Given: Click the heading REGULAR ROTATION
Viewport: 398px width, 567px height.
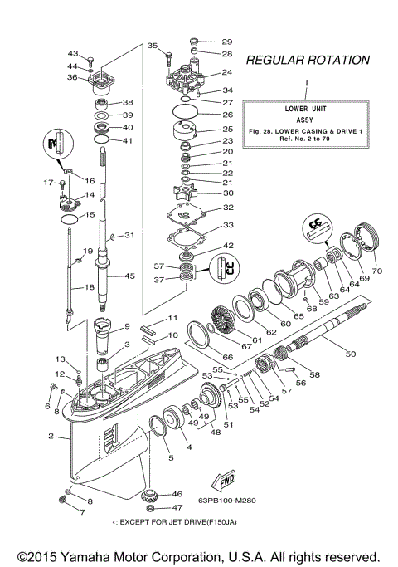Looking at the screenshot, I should tap(307, 61).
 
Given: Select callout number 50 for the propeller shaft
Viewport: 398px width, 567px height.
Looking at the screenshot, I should tap(350, 354).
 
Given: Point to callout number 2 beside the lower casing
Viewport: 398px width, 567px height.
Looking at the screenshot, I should tap(51, 437).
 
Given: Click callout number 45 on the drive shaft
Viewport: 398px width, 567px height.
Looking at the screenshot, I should tap(129, 276).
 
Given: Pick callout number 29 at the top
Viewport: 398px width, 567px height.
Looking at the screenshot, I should tap(227, 41).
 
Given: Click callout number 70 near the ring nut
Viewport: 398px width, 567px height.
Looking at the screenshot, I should tap(377, 271).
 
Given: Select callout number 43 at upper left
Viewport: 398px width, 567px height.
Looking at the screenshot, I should tap(72, 52).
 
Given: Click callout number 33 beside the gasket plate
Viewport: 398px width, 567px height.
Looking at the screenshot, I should tap(227, 225).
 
